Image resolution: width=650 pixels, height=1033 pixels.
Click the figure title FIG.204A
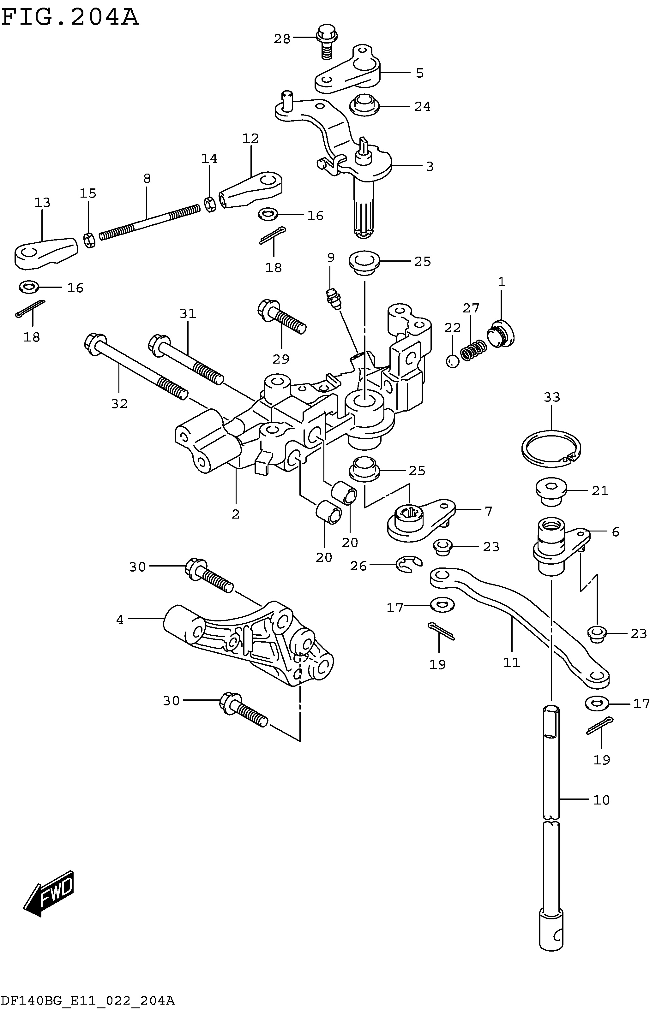point(70,18)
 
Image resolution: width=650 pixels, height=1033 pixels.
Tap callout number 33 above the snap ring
point(552,397)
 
